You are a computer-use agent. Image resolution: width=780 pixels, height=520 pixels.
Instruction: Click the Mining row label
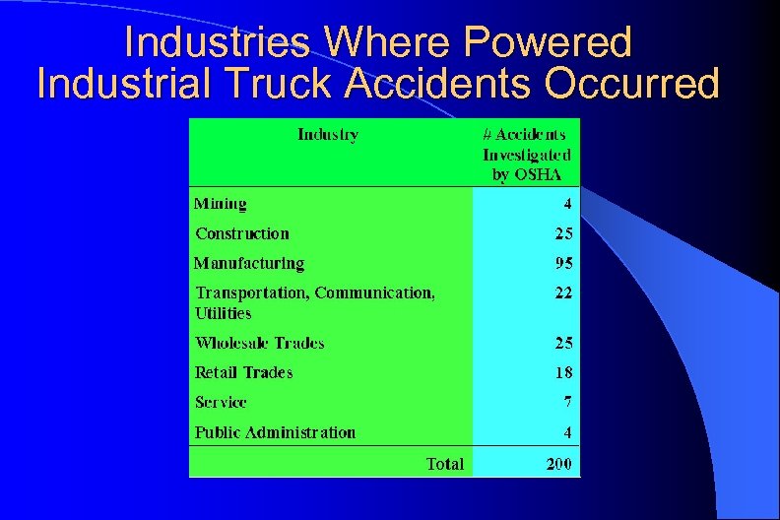tap(220, 204)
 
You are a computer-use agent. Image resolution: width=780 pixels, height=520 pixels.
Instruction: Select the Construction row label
tap(242, 233)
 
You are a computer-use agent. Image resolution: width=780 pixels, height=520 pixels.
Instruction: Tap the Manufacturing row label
tap(249, 263)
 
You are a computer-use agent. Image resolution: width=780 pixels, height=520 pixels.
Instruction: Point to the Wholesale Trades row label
tap(259, 343)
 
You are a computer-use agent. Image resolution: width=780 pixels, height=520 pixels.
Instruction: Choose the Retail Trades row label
tap(243, 372)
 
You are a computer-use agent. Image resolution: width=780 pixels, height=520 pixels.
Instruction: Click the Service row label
tap(221, 402)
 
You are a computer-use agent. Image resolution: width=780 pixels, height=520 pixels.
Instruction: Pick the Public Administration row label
tap(275, 432)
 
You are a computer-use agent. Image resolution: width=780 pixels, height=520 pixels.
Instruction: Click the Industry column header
tap(328, 134)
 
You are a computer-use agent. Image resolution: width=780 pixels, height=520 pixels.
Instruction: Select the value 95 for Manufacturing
tap(562, 263)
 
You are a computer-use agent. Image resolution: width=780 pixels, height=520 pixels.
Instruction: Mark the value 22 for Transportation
tap(562, 292)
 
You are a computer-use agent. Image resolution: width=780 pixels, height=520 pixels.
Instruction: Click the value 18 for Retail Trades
tap(562, 372)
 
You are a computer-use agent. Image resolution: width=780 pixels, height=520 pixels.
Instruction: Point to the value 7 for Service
tap(567, 402)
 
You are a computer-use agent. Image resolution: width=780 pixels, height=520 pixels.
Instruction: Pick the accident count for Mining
tap(567, 204)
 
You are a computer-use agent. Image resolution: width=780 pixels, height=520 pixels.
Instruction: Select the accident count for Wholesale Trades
tap(562, 343)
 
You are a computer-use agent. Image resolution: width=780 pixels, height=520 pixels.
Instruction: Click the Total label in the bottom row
tap(445, 463)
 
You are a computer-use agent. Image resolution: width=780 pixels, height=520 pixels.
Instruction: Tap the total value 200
tap(558, 463)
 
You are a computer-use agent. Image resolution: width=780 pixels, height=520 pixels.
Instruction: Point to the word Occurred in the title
tap(632, 85)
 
